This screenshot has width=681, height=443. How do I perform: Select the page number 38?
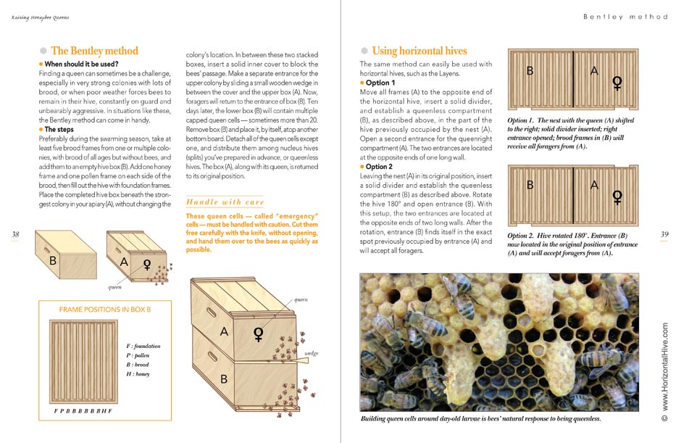(16, 233)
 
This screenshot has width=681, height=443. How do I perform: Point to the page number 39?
(665, 233)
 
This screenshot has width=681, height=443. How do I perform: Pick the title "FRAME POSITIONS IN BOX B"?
(105, 310)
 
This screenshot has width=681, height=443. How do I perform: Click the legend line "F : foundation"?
(143, 346)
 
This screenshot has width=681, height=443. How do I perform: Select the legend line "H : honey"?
(139, 374)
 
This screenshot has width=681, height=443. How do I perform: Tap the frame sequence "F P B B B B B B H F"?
(83, 411)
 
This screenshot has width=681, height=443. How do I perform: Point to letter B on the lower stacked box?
(225, 378)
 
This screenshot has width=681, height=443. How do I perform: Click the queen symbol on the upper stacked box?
(257, 334)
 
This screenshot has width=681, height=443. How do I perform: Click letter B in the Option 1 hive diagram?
(530, 71)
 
